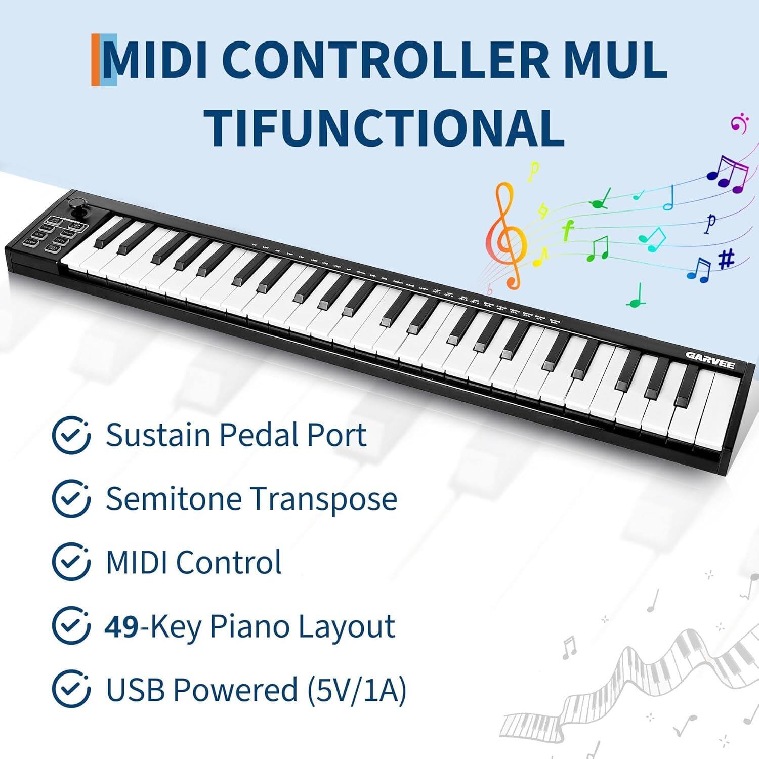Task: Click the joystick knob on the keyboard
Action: pyautogui.click(x=77, y=203)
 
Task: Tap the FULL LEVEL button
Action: pyautogui.click(x=53, y=248)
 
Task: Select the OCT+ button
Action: pyautogui.click(x=60, y=240)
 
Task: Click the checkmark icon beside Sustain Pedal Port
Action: pyautogui.click(x=71, y=435)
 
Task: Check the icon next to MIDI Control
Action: pyautogui.click(x=71, y=562)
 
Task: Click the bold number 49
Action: pyautogui.click(x=121, y=626)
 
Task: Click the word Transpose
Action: pyautogui.click(x=324, y=499)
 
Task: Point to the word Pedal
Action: pyautogui.click(x=259, y=435)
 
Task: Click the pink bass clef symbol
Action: pyautogui.click(x=739, y=123)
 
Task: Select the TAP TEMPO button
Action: pyautogui.click(x=75, y=226)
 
